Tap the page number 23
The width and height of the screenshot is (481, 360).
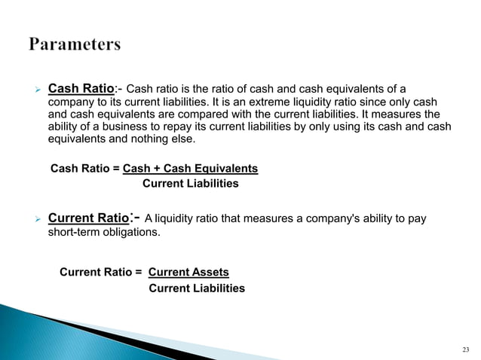point(465,349)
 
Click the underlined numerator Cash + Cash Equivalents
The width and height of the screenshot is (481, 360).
point(195,169)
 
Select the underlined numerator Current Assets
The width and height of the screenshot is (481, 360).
point(188,272)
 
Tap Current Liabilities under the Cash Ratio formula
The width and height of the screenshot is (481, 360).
point(190,184)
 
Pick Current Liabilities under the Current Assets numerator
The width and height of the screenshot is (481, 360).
point(197,288)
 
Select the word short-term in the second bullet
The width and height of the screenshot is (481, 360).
point(69,233)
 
